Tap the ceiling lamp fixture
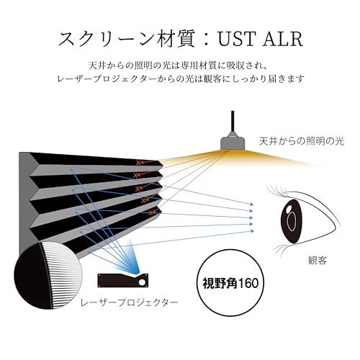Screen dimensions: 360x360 [233, 143]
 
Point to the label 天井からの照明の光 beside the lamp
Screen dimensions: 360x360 [302, 141]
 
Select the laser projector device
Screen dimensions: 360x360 [122, 280]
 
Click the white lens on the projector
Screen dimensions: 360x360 [142, 282]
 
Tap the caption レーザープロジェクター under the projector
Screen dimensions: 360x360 [130, 302]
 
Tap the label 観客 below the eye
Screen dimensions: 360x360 [318, 261]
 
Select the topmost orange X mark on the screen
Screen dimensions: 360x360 [138, 163]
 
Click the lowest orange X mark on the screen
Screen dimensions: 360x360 [150, 212]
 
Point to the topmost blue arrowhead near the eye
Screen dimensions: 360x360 [252, 204]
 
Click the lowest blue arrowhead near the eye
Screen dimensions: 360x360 [252, 231]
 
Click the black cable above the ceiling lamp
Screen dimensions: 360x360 [233, 121]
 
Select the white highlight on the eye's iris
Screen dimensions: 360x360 [289, 209]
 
